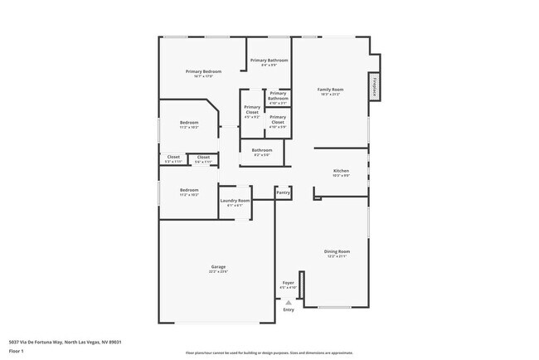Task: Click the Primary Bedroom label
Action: [x=203, y=71]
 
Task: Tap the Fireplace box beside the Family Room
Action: [x=374, y=86]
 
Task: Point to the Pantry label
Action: [x=283, y=192]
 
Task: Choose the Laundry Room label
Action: [x=235, y=200]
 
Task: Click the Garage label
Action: [x=218, y=266]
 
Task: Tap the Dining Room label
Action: [x=337, y=251]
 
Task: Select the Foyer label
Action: [x=288, y=283]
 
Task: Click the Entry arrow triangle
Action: [x=288, y=303]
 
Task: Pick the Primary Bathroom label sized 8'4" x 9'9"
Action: [x=269, y=61]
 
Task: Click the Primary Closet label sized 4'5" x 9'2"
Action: [x=252, y=109]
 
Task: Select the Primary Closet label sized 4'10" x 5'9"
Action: [x=278, y=119]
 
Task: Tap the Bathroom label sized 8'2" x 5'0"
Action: [x=262, y=150]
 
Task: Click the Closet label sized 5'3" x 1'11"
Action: [x=173, y=157]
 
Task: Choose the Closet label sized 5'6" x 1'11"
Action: [x=203, y=157]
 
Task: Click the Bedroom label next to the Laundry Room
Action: [x=189, y=190]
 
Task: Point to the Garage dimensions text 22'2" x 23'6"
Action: [x=218, y=271]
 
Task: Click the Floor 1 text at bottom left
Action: [x=17, y=350]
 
